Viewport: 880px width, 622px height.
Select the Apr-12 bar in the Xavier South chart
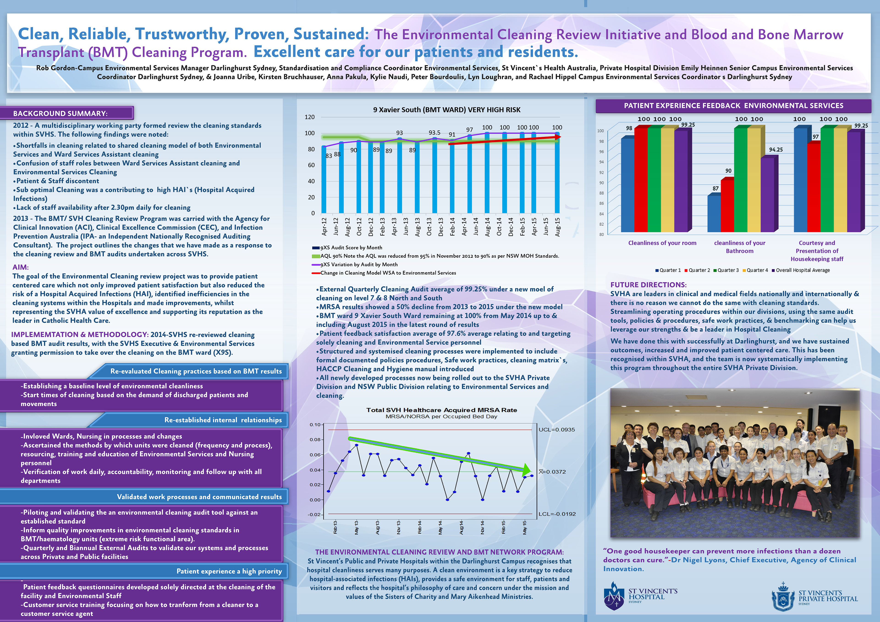click(x=324, y=180)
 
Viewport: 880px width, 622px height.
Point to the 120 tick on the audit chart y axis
click(x=310, y=117)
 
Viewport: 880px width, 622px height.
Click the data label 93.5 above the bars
click(x=434, y=133)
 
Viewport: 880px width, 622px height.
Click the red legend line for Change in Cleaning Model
click(x=316, y=273)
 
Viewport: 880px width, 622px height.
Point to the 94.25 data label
click(x=776, y=150)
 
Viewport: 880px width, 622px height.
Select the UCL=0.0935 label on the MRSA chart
click(x=556, y=430)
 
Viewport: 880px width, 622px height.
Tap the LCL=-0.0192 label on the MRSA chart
click(x=557, y=514)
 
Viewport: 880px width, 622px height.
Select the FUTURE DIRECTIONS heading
click(x=648, y=285)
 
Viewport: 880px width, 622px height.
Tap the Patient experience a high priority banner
click(x=229, y=571)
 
